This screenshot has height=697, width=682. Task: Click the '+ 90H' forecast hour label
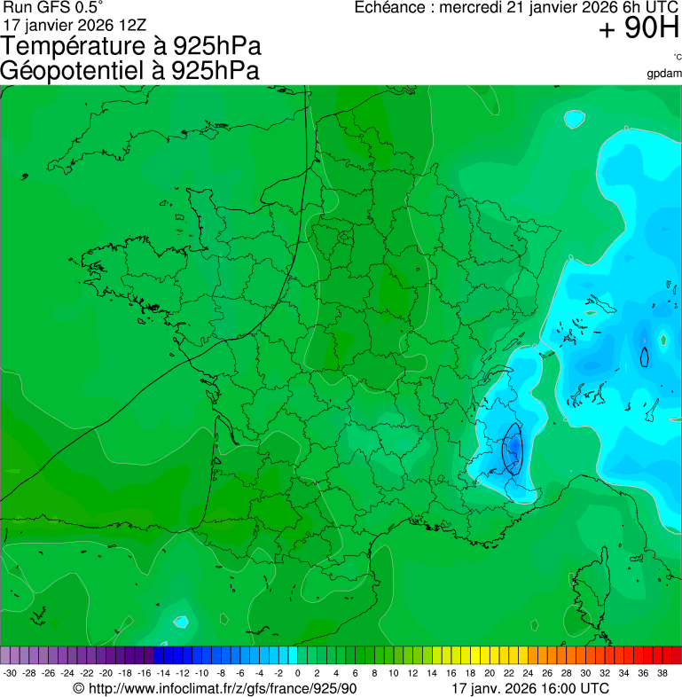click(639, 29)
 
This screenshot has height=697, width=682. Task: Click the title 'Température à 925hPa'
click(130, 46)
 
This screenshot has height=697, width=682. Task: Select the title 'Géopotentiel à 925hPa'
click(130, 71)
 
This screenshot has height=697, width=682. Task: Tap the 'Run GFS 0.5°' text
click(52, 8)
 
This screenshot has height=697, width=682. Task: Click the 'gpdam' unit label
click(664, 73)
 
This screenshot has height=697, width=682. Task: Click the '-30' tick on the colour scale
click(10, 673)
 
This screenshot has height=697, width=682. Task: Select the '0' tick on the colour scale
click(297, 673)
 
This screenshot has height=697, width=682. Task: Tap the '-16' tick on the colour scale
click(145, 673)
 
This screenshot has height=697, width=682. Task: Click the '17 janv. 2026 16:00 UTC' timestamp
click(529, 688)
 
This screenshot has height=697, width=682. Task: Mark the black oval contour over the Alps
click(512, 449)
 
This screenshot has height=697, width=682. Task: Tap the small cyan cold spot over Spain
click(181, 622)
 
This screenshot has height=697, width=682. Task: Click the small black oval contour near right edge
click(645, 356)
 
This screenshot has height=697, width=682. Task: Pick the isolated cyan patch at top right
click(575, 117)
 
